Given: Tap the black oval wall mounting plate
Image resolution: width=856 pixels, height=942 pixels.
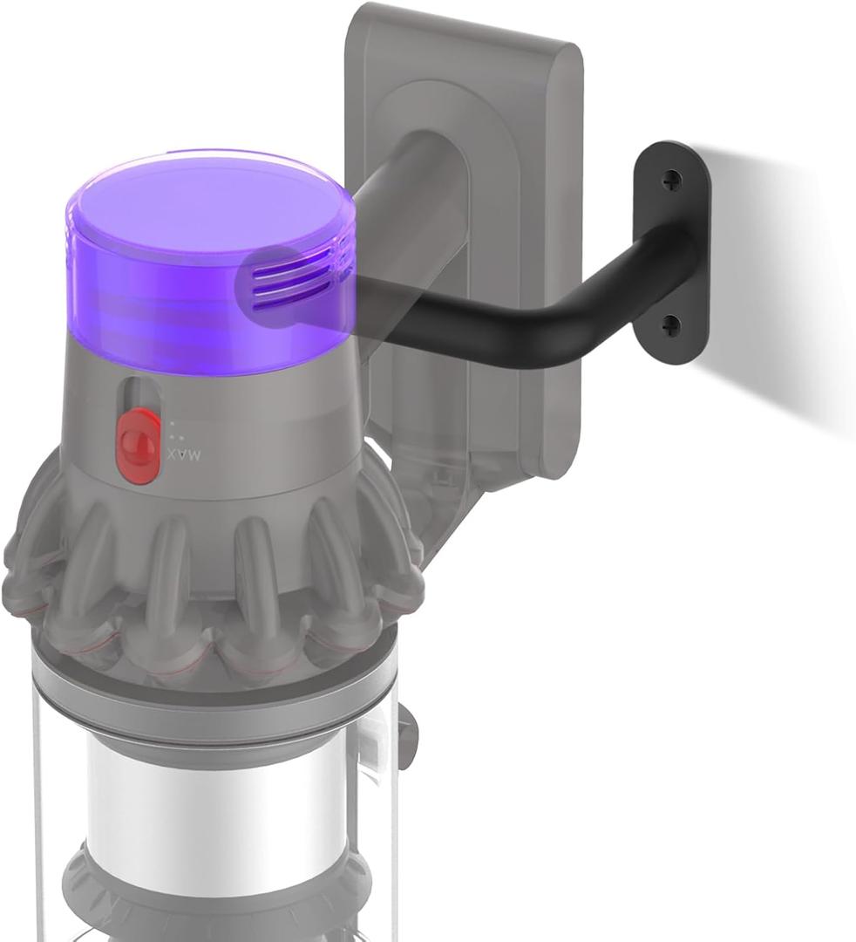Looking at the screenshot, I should [x=673, y=253].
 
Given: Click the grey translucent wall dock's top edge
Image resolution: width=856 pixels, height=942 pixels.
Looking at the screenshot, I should [x=462, y=26].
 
